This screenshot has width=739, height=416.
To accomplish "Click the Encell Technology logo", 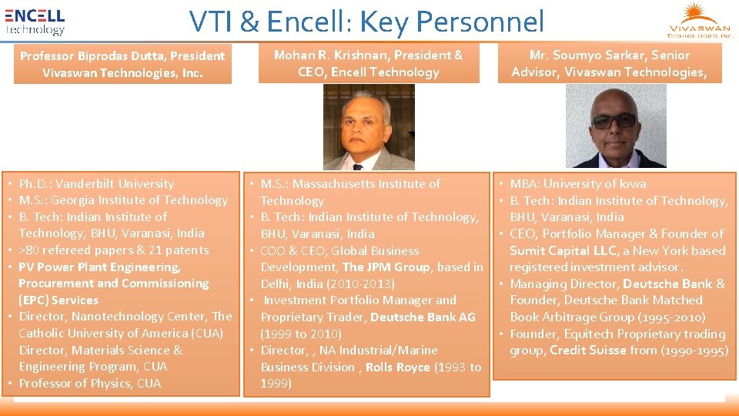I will pyautogui.click(x=35, y=22).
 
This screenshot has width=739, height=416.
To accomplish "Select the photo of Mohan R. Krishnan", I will pyautogui.click(x=368, y=127).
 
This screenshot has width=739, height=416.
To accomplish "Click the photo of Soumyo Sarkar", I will pyautogui.click(x=616, y=126).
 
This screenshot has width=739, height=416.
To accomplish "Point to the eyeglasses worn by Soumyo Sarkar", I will pyautogui.click(x=615, y=120).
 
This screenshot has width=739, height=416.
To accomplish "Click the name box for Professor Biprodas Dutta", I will pyautogui.click(x=122, y=64).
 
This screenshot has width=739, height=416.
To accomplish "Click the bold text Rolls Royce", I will pyautogui.click(x=397, y=367).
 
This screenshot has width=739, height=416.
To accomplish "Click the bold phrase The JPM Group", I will pyautogui.click(x=386, y=267).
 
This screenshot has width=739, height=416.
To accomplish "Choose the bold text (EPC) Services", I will pyautogui.click(x=59, y=300).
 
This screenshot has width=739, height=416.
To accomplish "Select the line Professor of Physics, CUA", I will pyautogui.click(x=90, y=383).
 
